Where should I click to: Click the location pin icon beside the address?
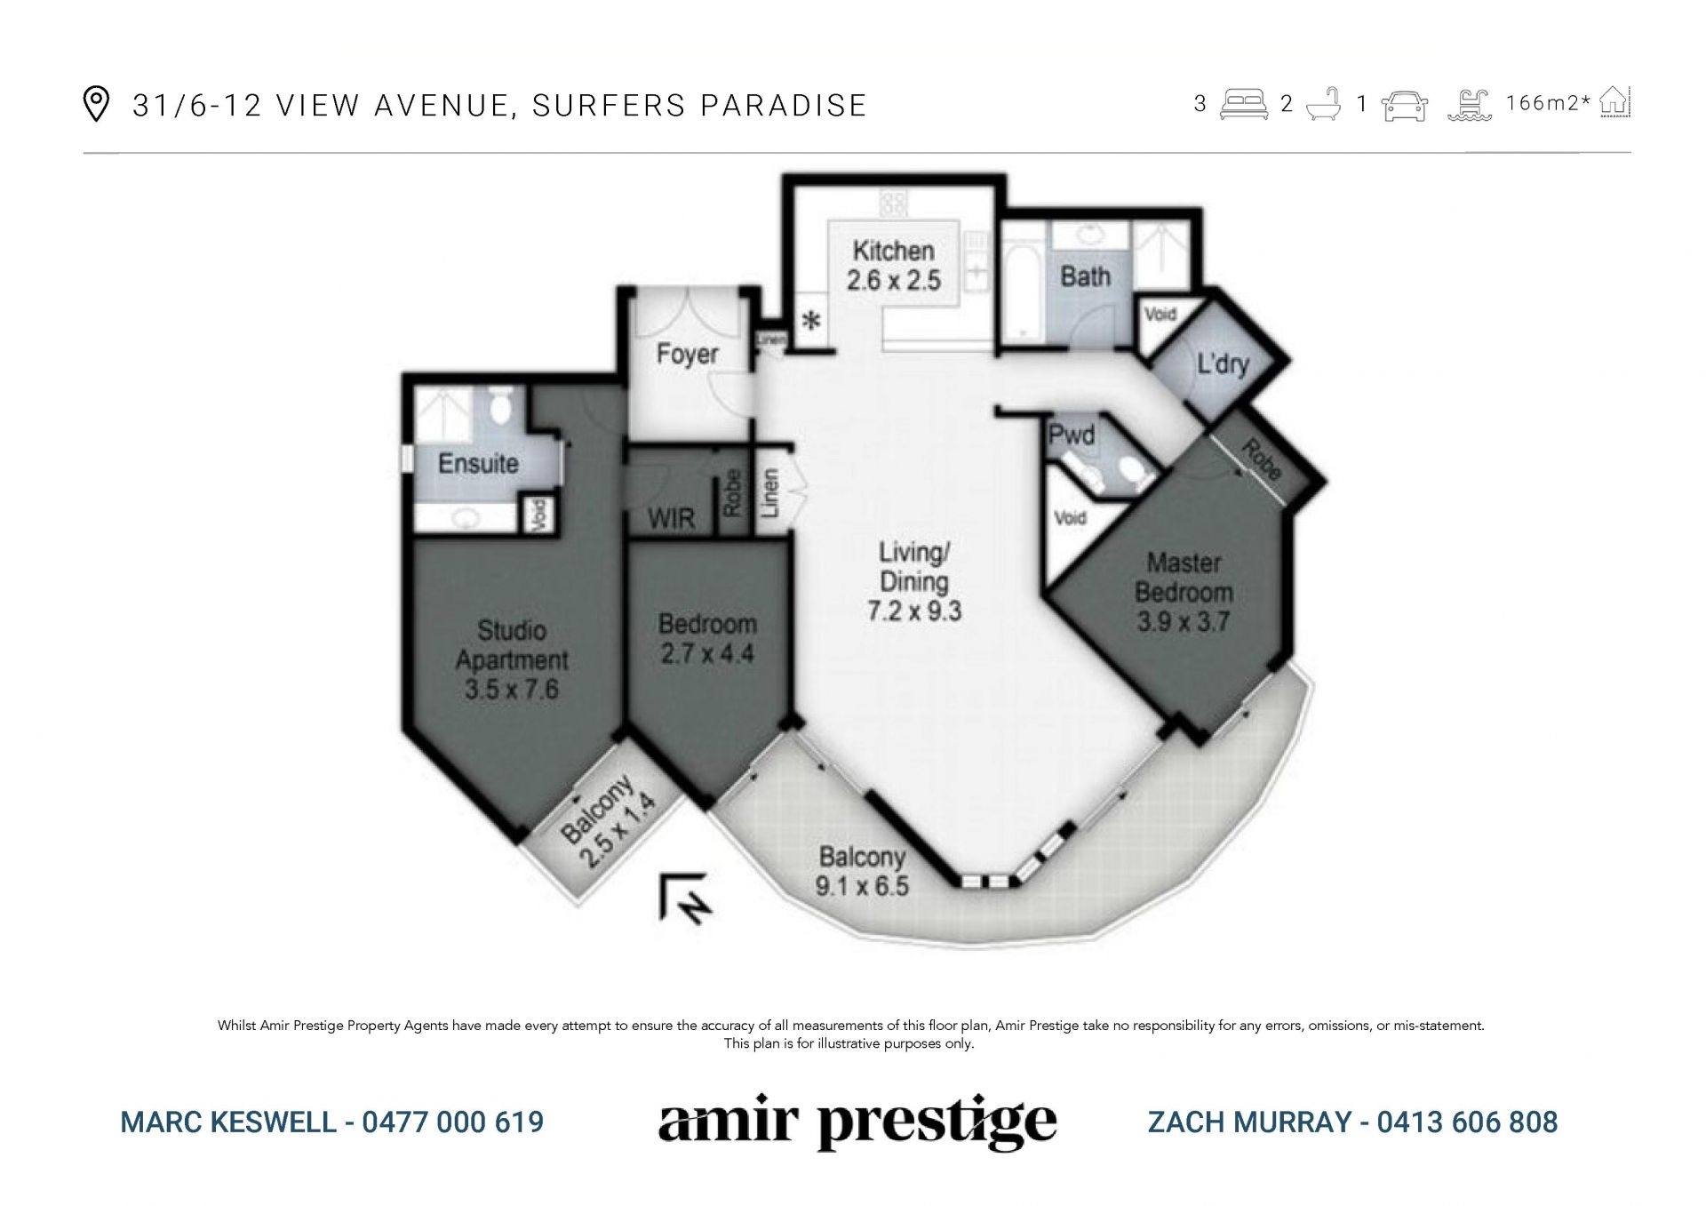[95, 104]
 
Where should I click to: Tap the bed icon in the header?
[1243, 104]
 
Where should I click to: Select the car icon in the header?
[1405, 105]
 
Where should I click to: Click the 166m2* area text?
[1548, 103]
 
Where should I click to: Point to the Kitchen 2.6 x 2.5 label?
[893, 265]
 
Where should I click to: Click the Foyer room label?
[687, 354]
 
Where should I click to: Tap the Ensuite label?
[478, 463]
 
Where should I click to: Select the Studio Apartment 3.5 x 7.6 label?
[512, 659]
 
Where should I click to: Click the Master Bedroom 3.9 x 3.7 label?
[1184, 592]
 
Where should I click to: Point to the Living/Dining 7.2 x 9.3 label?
[914, 581]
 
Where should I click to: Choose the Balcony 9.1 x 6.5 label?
[862, 871]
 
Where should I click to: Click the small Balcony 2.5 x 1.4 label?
[609, 822]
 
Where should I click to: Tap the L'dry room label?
[1223, 363]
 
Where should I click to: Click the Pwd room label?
[1071, 435]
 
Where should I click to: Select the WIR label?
[671, 518]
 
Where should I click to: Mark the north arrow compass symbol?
[684, 898]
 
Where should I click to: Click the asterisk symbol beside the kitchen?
[810, 321]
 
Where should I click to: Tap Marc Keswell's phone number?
[453, 1122]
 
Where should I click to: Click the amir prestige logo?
[857, 1123]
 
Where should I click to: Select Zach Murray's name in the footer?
[1249, 1122]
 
